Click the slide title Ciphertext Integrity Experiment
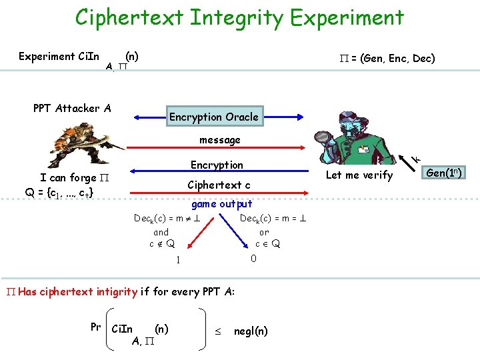coord(239,17)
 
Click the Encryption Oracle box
coord(213,117)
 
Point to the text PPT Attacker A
coord(72,108)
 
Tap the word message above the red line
coord(220,140)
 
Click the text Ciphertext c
coord(219,185)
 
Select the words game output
coord(221,204)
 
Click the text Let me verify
coord(359,175)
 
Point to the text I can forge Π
coord(75,177)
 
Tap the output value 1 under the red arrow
coord(178,260)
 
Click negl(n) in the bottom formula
coord(251,331)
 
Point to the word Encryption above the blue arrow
coord(217,165)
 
